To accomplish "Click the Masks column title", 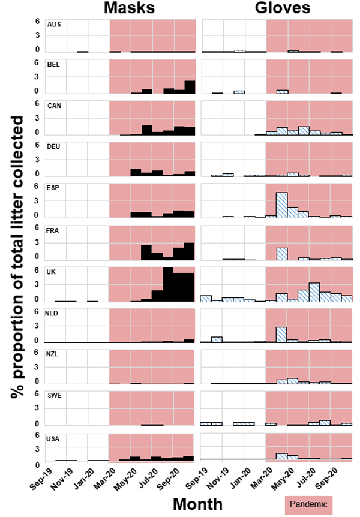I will (x=130, y=8).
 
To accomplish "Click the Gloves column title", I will (x=282, y=8).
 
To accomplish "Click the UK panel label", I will (x=52, y=272).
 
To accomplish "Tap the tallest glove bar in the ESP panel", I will (x=281, y=205).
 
